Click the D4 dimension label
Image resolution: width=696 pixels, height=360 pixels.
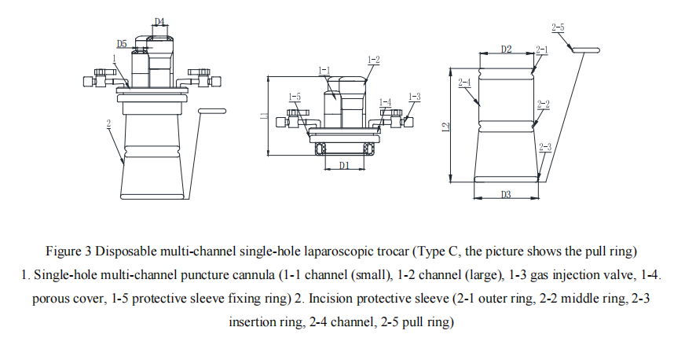(159, 21)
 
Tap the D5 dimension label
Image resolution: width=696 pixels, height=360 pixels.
(122, 43)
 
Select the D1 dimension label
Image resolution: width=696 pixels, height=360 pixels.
(343, 165)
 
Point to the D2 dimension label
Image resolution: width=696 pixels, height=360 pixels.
(506, 50)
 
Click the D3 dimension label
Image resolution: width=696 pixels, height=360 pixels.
(506, 194)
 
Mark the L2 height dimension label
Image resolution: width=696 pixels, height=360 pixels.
(445, 125)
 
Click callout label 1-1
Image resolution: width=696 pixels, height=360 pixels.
(324, 70)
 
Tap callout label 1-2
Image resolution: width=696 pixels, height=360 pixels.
(373, 60)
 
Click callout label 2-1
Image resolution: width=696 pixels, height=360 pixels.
(542, 50)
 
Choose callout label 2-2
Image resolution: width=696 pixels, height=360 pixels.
(543, 104)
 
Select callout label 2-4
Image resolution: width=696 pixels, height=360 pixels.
(464, 83)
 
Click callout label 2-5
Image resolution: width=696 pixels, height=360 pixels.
(558, 28)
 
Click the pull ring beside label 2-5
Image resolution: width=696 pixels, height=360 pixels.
(585, 50)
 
